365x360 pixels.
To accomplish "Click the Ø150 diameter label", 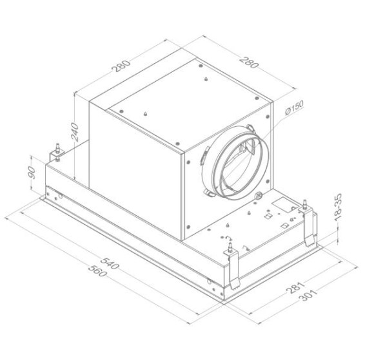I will tap(291, 111).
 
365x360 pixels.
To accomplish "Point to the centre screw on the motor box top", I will tap(202, 80).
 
